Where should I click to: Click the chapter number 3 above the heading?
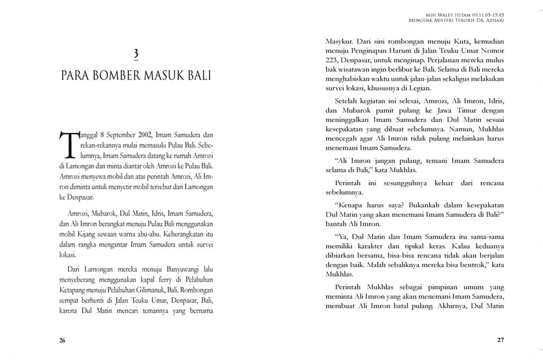tap(136, 53)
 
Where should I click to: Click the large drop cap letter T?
tap(68, 144)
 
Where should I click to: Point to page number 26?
tap(62, 340)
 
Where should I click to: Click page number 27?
tap(501, 340)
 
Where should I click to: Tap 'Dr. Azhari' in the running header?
tap(490, 21)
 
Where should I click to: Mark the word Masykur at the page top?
tap(339, 41)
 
